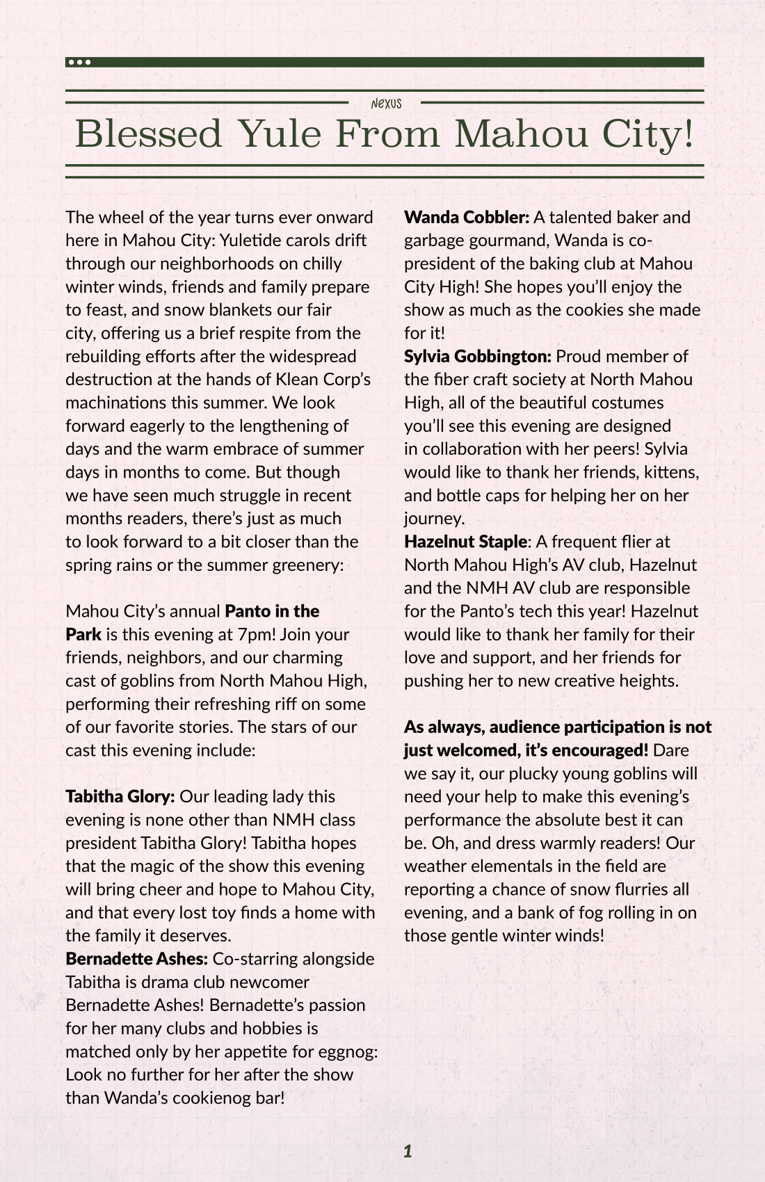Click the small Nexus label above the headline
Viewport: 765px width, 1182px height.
pyautogui.click(x=386, y=104)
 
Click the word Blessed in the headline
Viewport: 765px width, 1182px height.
pyautogui.click(x=148, y=133)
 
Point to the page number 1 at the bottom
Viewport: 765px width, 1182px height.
pyautogui.click(x=408, y=1151)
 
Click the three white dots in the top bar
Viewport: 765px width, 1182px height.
pyautogui.click(x=79, y=63)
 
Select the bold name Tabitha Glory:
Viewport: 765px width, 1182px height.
pyautogui.click(x=120, y=797)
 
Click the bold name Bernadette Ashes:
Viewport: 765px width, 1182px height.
pyautogui.click(x=136, y=959)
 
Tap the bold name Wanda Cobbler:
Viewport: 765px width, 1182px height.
pyautogui.click(x=467, y=218)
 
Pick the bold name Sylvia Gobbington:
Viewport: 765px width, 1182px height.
pyautogui.click(x=477, y=357)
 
